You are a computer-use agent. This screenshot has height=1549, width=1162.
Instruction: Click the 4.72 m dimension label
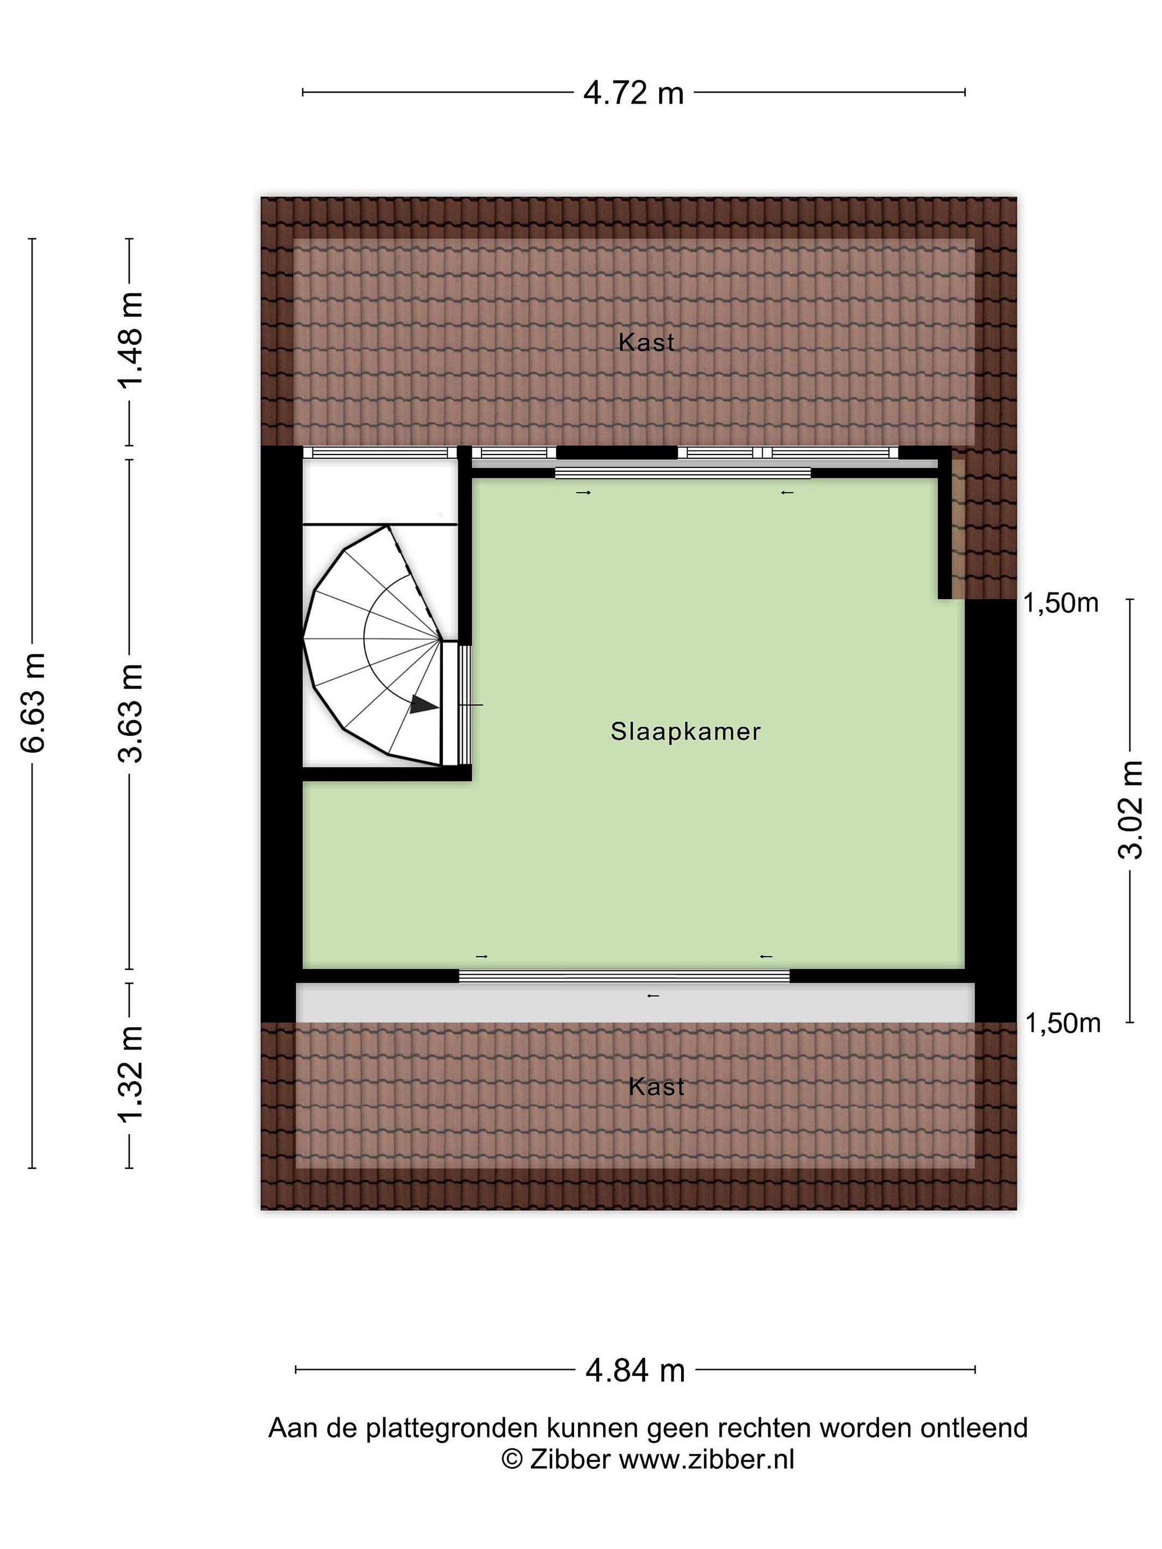click(633, 93)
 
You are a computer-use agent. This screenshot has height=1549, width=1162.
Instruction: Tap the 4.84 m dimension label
click(635, 1370)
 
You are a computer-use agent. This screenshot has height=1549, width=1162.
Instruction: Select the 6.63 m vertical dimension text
click(33, 702)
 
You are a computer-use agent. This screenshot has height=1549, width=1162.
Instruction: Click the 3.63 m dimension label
click(130, 713)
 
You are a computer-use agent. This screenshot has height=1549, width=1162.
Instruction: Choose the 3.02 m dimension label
click(1130, 810)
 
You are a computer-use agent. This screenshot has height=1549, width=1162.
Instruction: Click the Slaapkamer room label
click(685, 732)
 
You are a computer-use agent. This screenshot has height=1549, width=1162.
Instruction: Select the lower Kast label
click(656, 1086)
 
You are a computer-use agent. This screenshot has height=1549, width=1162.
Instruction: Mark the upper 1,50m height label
click(1060, 603)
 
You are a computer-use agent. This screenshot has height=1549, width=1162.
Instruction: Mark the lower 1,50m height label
click(1062, 1024)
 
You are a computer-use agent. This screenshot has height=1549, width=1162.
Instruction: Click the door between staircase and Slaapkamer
click(464, 705)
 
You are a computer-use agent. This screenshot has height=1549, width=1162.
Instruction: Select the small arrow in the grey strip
click(653, 996)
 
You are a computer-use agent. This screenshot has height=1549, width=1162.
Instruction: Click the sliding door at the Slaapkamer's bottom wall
click(624, 976)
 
